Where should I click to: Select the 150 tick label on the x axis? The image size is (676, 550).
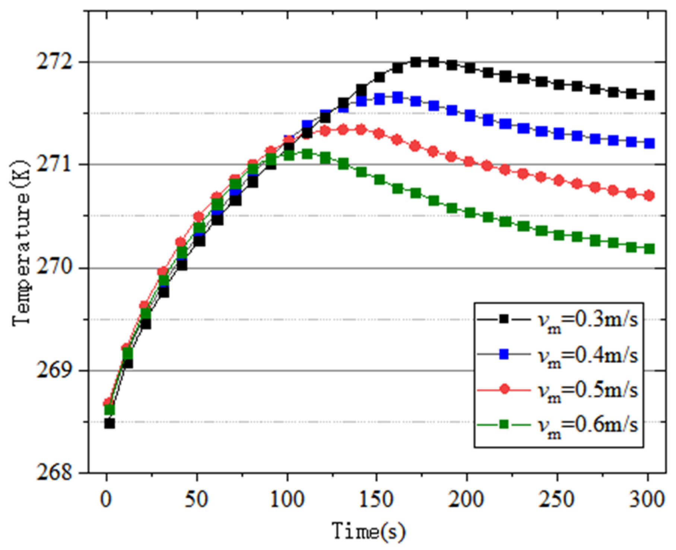(x=377, y=499)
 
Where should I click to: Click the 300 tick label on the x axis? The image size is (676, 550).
(x=648, y=499)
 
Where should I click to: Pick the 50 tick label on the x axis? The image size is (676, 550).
(x=196, y=499)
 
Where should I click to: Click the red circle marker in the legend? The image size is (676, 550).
(x=504, y=389)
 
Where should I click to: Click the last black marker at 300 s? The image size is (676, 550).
(x=649, y=96)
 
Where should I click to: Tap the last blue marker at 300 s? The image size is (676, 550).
(x=649, y=143)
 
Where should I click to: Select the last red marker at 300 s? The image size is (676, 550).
(x=649, y=196)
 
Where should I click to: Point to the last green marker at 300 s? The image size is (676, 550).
(x=649, y=249)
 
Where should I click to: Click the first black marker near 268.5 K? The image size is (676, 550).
(x=109, y=423)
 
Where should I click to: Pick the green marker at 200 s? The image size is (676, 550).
(x=470, y=213)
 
